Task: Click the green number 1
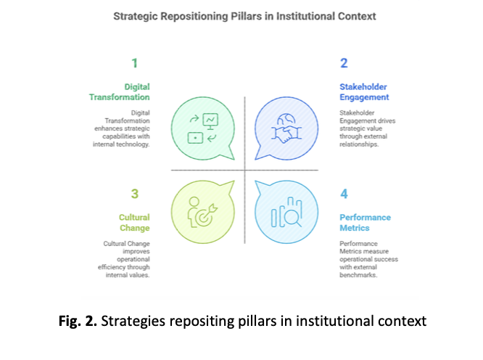tap(133, 63)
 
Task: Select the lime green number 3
tap(133, 194)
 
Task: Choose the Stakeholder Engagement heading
tap(364, 91)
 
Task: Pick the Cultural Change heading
tap(134, 222)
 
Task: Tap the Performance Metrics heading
tap(365, 222)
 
